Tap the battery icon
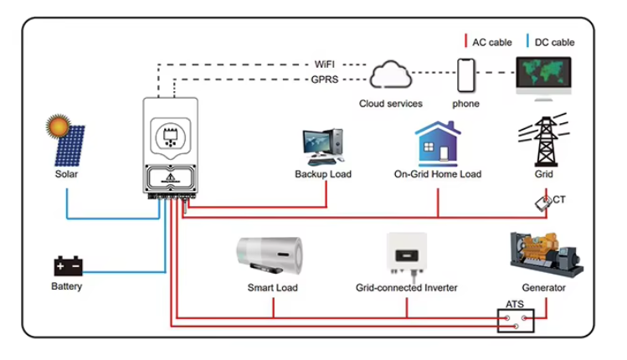point(68,267)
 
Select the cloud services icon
point(390,77)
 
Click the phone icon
point(466,76)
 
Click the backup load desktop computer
point(322,147)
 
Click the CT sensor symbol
point(542,202)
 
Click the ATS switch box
point(513,321)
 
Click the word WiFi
point(326,64)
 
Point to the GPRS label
point(326,80)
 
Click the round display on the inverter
point(171,135)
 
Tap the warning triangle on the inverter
point(171,177)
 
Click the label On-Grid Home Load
point(437,175)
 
